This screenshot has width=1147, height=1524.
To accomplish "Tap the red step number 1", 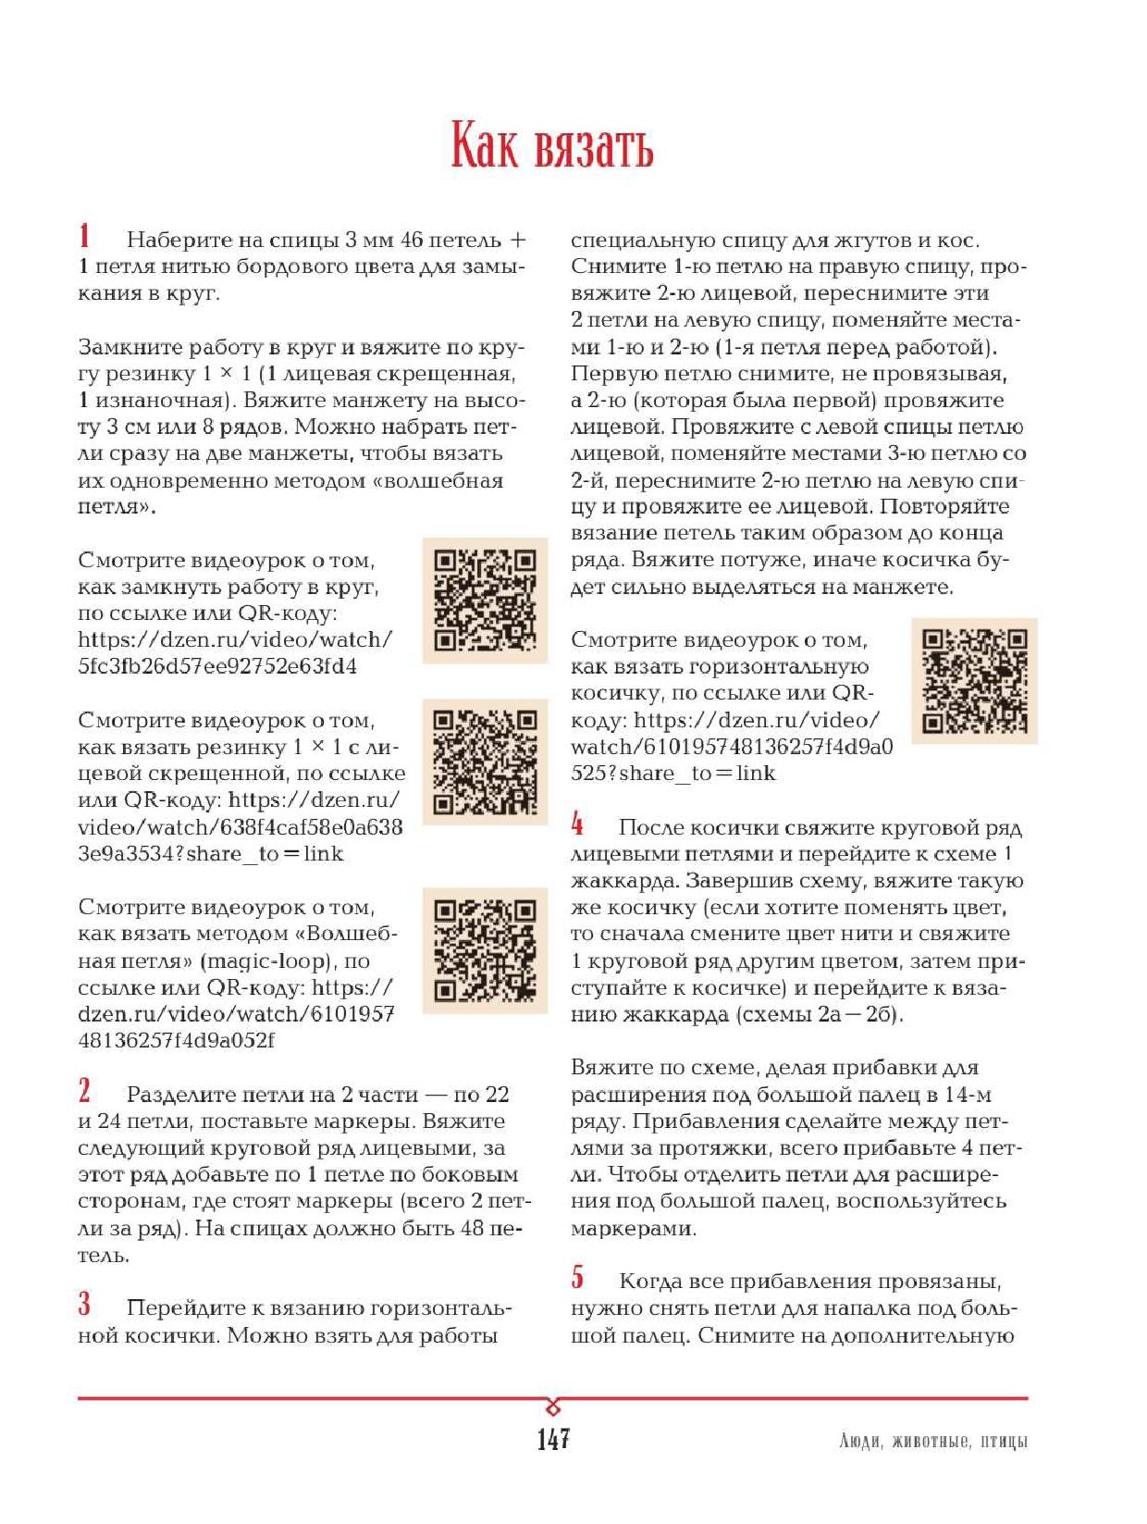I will coord(84,236).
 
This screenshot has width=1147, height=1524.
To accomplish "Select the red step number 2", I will coord(84,1091).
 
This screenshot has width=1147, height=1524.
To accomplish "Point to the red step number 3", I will coord(84,1304).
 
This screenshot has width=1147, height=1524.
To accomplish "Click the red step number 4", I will coord(577,824).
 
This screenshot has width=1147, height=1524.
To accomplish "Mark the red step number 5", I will coord(577,1277).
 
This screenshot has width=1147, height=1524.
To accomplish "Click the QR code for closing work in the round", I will coord(485,601).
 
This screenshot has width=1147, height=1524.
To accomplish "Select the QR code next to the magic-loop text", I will coord(485,950).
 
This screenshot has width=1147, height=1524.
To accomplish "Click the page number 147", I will coord(553,1439).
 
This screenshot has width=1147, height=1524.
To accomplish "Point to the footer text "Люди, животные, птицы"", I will coord(933,1442).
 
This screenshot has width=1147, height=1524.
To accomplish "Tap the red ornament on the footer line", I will coord(553,1407).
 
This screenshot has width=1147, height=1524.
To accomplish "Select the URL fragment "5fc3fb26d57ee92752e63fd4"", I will coord(217,666).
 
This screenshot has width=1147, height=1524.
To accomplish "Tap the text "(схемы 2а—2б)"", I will coord(820,1014).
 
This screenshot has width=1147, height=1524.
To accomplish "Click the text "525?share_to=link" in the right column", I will coord(672,774).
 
